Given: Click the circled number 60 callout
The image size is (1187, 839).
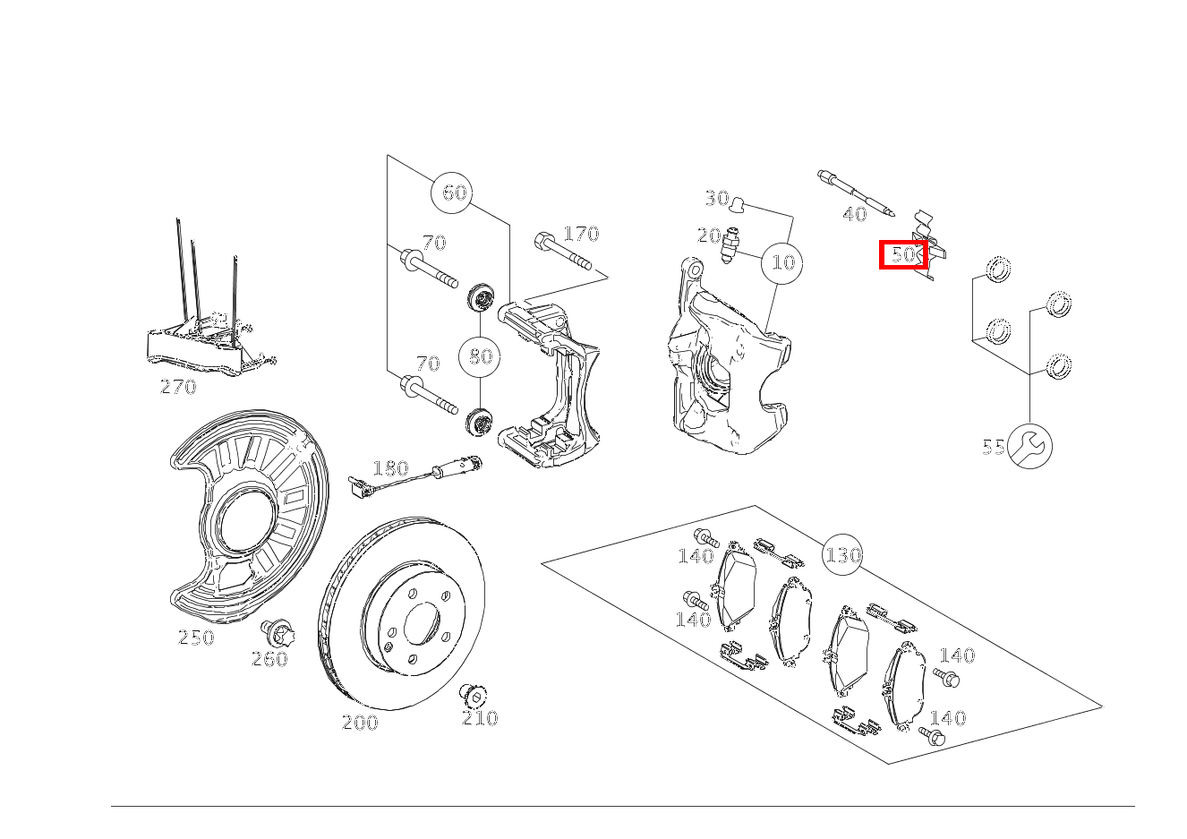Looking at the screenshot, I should coord(454,193).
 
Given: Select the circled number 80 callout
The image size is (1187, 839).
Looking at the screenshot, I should coord(480,356).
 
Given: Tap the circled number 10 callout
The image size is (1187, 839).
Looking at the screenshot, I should coord(783,262).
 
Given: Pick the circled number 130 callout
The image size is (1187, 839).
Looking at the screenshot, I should coord(842,555).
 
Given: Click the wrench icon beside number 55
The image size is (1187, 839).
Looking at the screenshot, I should coord(1029,446).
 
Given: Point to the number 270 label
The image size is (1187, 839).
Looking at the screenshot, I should coord(178,387).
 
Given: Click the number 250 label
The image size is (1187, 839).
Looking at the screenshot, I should coord(196,638).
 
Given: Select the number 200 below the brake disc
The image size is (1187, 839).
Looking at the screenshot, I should coord(360,723).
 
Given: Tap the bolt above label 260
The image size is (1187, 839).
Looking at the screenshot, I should coord(278,635).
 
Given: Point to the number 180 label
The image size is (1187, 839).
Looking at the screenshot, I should coord(390,468).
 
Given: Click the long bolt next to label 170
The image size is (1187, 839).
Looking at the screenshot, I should coord(563,252).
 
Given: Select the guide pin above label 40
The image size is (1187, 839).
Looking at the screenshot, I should coord(856,193).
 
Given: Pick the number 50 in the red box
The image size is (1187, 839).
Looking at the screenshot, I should coord(905,255).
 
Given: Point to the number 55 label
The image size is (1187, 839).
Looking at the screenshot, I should coord(993,447).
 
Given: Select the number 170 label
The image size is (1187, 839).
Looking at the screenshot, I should coord(581,234).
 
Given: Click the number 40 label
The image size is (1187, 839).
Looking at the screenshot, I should coord(855,214).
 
